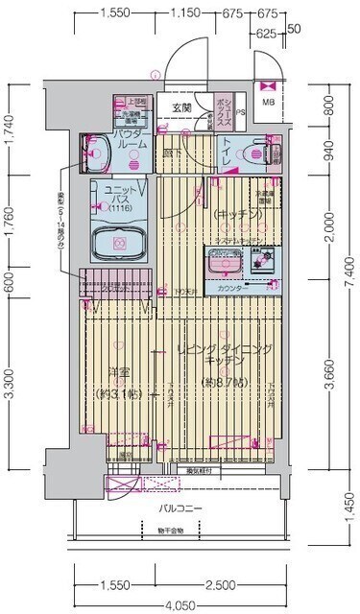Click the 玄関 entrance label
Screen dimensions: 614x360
[x=181, y=107]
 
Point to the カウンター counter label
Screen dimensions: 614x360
[x=230, y=288]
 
